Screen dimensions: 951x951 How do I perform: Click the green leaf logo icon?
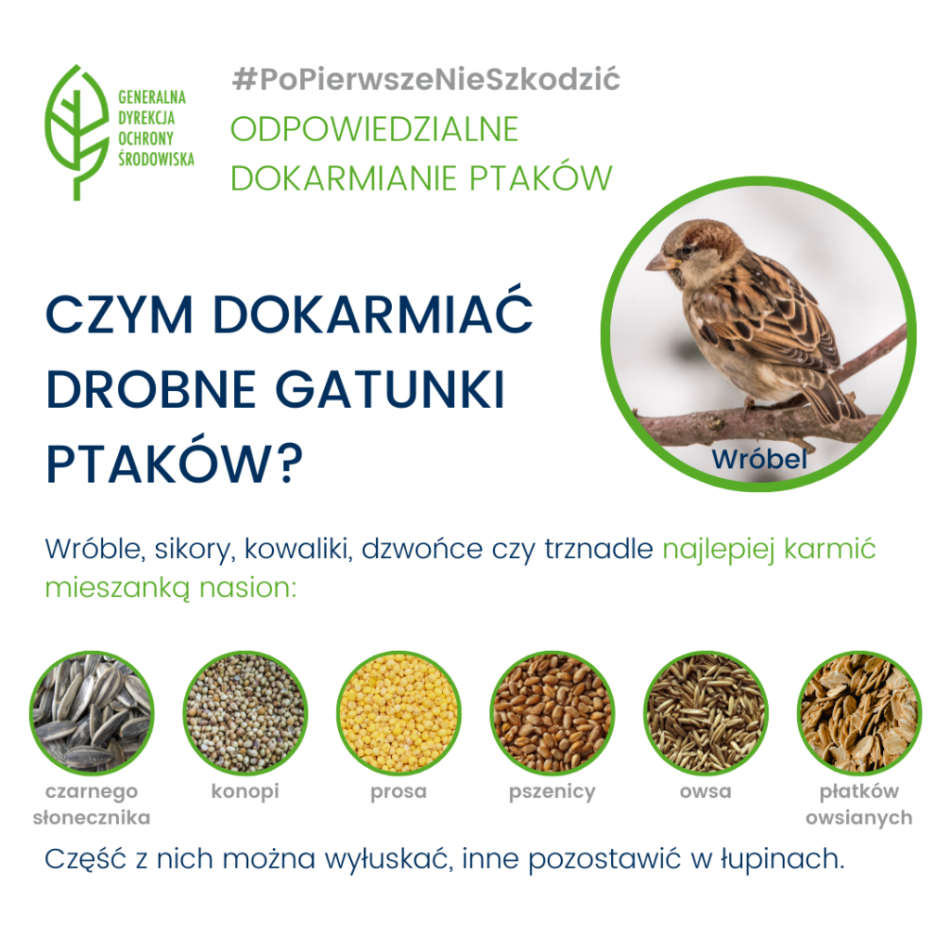coord(77,131)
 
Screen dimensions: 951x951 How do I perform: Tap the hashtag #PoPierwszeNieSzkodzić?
coord(425,80)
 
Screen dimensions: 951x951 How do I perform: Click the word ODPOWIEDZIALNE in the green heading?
coord(374,129)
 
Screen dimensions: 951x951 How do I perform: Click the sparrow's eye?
coord(686,249)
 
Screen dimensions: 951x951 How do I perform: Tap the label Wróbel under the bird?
coord(760,459)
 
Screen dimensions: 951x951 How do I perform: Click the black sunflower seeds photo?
coord(92,713)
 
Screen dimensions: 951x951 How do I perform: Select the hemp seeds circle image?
coord(245,713)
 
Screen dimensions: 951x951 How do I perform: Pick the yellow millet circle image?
coord(398,713)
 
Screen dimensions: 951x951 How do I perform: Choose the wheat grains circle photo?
coord(552,713)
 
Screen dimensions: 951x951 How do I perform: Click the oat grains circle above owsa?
coord(706,713)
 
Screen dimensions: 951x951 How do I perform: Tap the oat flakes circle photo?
coord(859,713)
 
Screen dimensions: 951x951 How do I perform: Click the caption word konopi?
coord(245,791)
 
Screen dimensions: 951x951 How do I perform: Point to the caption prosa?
coord(398,792)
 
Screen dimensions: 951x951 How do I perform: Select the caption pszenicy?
coord(552,792)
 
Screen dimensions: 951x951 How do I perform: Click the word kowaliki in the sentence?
coord(298,549)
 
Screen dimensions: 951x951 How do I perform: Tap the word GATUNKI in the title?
coord(390,389)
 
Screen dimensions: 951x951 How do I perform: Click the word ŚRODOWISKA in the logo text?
coord(156,159)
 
